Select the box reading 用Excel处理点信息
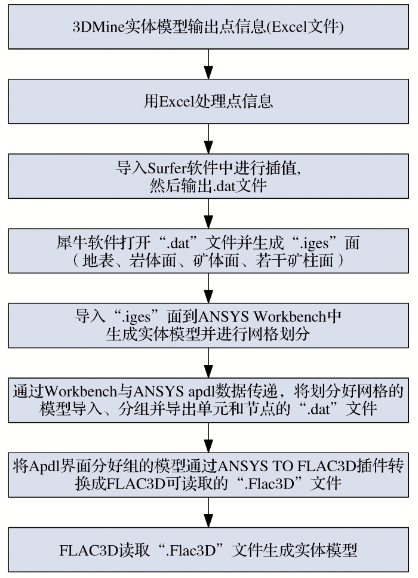coord(208,101)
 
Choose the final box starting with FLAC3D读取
coord(208,550)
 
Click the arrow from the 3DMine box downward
coord(208,63)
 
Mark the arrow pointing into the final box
coord(208,511)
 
